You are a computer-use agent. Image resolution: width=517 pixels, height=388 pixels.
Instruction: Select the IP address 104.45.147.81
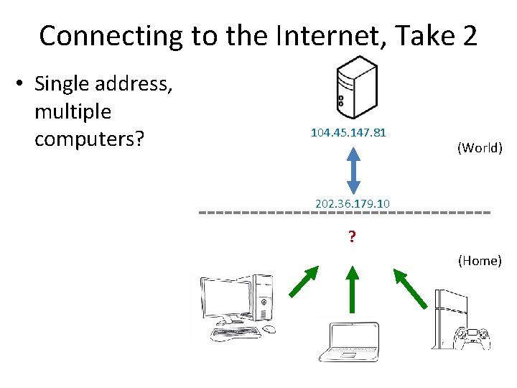pyautogui.click(x=348, y=133)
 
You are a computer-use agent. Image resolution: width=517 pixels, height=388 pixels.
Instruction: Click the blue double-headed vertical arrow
pyautogui.click(x=353, y=169)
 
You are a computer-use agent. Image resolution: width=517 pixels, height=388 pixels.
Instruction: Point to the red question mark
pyautogui.click(x=352, y=236)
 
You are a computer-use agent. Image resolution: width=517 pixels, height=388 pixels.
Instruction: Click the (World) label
pyautogui.click(x=480, y=148)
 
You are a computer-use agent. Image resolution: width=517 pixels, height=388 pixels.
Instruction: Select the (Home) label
pyautogui.click(x=480, y=260)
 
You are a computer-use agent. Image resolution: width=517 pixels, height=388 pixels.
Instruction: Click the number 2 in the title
pyautogui.click(x=468, y=35)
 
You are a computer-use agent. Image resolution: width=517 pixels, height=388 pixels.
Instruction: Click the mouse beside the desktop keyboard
pyautogui.click(x=269, y=329)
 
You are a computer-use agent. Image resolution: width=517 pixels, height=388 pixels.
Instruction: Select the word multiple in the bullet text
pyautogui.click(x=73, y=111)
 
